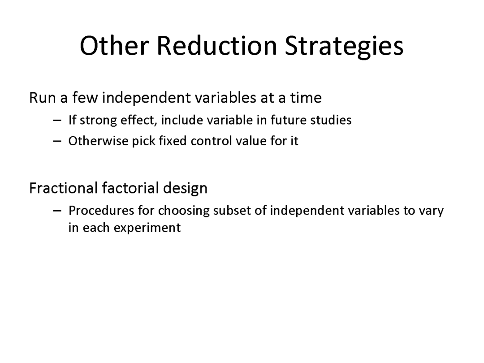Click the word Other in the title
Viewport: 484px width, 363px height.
click(114, 46)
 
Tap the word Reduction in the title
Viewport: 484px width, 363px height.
click(217, 46)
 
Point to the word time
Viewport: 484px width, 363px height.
click(306, 98)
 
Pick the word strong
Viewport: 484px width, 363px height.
click(98, 121)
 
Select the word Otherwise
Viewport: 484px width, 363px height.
click(98, 141)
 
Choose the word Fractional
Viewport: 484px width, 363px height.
click(64, 188)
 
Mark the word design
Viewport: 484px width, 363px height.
click(185, 188)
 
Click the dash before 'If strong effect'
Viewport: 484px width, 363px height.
click(57, 121)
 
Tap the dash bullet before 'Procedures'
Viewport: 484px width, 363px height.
click(57, 211)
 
